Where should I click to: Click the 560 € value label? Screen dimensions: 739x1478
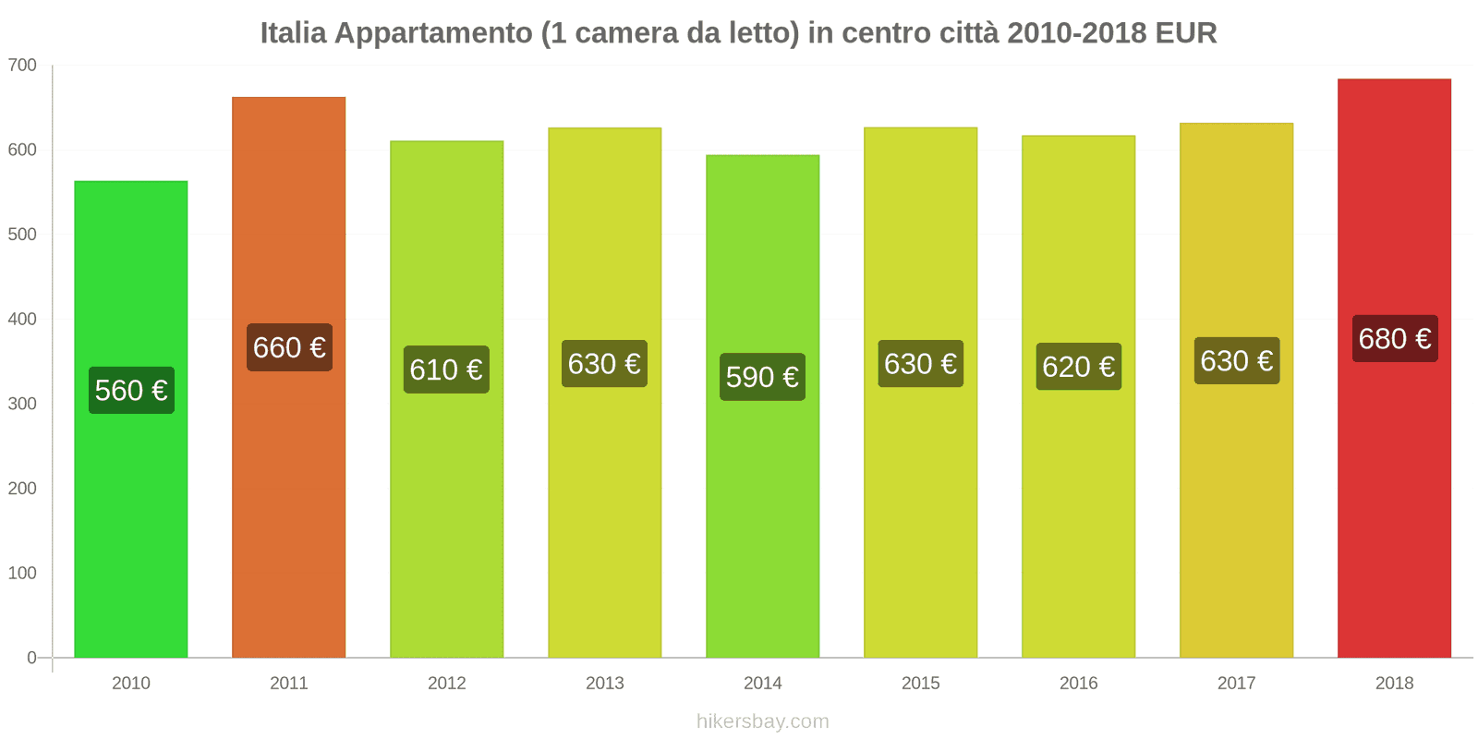(x=131, y=390)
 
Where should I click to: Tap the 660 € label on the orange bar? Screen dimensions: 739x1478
(x=289, y=347)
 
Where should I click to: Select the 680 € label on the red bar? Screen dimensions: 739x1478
(x=1395, y=338)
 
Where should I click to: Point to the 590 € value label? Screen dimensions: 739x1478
(x=762, y=377)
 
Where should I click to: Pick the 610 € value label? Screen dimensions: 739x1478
(x=446, y=369)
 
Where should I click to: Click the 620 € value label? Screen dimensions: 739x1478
(x=1078, y=367)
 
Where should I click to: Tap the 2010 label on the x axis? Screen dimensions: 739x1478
(x=131, y=683)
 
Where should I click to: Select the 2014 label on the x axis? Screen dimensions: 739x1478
(x=762, y=683)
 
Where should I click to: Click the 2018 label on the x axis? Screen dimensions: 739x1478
(x=1394, y=683)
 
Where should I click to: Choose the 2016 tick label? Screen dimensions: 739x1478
(x=1078, y=683)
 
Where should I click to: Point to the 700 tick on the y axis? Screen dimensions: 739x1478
(x=22, y=65)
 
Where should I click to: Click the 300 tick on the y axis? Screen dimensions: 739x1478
(x=22, y=404)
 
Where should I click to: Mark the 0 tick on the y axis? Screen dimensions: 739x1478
(x=31, y=658)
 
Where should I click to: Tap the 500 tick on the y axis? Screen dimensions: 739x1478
(x=22, y=235)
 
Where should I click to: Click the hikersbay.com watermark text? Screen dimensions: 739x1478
(x=762, y=721)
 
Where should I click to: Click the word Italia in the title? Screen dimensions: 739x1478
(x=293, y=33)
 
